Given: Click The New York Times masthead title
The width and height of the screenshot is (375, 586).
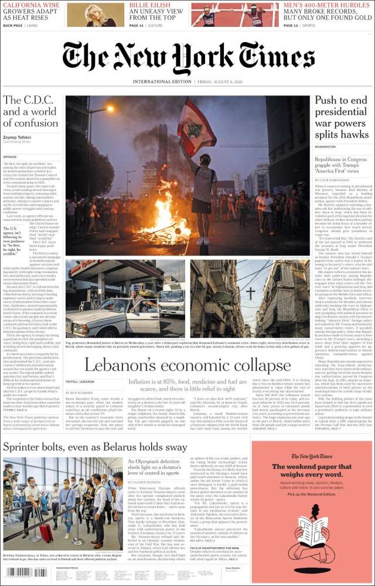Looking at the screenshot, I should pos(187,59).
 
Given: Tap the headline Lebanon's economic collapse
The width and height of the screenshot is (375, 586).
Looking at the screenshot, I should pos(187,365).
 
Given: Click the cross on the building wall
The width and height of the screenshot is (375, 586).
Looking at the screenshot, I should pos(250,293).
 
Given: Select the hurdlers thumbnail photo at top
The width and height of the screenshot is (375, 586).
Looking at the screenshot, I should pos(235,15).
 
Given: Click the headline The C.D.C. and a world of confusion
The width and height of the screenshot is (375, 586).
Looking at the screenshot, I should pos(30,111).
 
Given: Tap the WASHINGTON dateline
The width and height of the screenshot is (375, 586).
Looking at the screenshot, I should pos(325,146).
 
